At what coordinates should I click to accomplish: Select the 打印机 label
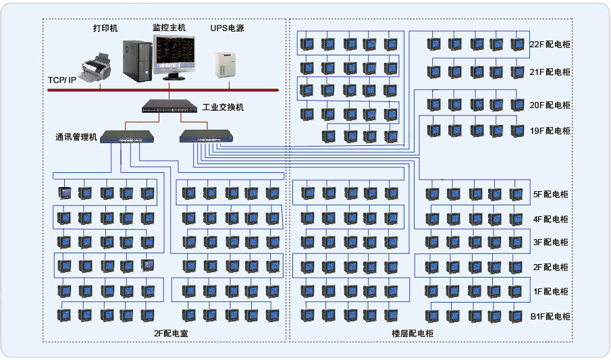[x=105, y=29]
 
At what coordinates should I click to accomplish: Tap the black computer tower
[x=136, y=59]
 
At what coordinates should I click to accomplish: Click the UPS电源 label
[x=227, y=28]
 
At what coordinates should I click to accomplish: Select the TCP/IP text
[x=62, y=80]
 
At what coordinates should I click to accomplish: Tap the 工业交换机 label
[x=223, y=107]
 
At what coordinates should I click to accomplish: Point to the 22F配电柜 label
[x=550, y=45]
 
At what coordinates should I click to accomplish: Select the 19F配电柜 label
[x=550, y=130]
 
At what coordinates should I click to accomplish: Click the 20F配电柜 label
[x=550, y=105]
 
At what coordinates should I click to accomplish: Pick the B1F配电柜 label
[x=550, y=316]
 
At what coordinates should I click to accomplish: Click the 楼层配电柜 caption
[x=413, y=333]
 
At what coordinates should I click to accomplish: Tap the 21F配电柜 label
[x=550, y=72]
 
